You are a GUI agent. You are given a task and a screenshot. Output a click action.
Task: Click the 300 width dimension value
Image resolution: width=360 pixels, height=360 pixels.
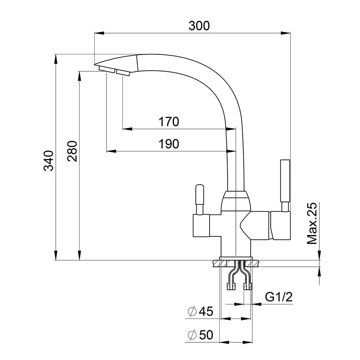(199, 26)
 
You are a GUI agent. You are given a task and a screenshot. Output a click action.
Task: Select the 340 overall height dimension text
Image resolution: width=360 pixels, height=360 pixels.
(49, 161)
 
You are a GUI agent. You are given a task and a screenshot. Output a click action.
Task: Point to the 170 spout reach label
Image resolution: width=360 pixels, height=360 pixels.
(169, 122)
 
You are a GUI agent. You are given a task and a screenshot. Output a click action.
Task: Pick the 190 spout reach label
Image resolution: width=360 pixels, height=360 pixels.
(169, 144)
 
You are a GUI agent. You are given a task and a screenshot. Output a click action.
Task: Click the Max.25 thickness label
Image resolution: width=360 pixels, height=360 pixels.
(312, 224)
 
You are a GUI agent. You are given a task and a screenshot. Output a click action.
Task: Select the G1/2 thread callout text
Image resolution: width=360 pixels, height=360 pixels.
(279, 297)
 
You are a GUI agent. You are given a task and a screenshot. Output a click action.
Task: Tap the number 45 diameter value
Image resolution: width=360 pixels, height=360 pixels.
(206, 311)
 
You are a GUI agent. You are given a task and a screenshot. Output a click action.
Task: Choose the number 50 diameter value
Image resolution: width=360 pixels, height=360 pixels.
(206, 335)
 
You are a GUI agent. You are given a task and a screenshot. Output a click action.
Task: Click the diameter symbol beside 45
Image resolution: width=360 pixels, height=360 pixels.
(192, 311)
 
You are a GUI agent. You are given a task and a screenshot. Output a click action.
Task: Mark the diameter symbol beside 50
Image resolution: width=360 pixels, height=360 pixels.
(192, 335)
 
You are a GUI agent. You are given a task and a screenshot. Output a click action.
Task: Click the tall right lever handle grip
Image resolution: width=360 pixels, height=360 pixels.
(285, 181)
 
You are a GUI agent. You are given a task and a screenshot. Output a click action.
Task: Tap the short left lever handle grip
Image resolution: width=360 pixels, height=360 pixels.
(199, 195)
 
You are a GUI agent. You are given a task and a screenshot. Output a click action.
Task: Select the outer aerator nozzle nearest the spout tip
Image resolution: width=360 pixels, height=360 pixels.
(107, 69)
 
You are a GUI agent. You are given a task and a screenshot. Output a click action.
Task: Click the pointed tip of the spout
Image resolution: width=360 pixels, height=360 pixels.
(94, 64)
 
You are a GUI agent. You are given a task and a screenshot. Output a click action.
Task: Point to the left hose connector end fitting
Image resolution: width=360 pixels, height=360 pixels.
(231, 286)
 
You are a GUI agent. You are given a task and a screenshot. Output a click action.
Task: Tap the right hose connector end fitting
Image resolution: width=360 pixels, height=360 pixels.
(248, 286)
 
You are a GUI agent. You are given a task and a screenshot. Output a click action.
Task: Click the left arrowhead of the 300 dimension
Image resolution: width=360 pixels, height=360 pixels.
(99, 33)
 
